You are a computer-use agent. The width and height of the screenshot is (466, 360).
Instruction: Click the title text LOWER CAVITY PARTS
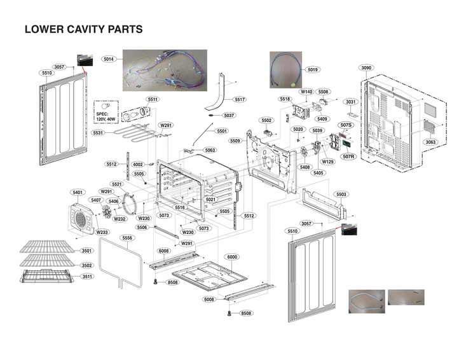(x=83, y=29)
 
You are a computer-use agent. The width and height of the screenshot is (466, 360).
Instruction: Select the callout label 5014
(x=108, y=59)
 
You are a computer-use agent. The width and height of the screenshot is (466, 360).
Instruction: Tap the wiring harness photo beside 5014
(x=164, y=71)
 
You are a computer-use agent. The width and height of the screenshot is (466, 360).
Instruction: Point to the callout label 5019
(x=312, y=69)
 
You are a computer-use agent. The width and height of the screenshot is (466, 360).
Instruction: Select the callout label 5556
(x=128, y=238)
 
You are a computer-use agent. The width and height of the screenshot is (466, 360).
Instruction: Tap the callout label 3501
(x=86, y=251)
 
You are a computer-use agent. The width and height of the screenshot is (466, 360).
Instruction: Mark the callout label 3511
(x=86, y=276)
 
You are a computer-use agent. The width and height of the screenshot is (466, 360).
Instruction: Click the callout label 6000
(x=232, y=256)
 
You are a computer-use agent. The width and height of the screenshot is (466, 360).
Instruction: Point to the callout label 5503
(x=341, y=194)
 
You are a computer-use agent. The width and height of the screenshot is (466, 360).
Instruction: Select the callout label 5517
(x=240, y=99)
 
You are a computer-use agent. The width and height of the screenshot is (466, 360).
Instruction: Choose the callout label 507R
(x=348, y=156)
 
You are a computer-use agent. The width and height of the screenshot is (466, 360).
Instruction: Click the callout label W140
(x=306, y=92)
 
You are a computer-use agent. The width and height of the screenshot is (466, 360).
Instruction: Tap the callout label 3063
(x=430, y=142)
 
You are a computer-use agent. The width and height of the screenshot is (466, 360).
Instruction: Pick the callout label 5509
(x=235, y=141)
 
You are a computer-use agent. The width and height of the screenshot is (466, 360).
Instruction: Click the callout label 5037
(x=229, y=115)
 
